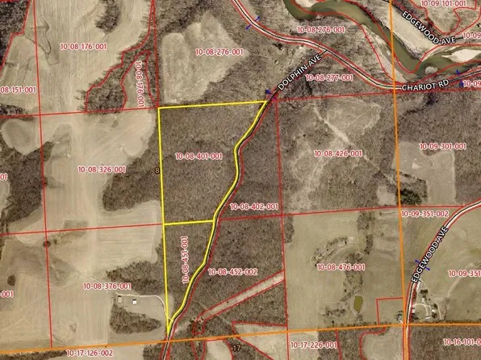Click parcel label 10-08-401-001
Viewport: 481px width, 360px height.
click(x=199, y=156)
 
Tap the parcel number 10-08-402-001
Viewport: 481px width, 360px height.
click(x=253, y=207)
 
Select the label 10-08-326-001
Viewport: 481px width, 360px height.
click(x=102, y=170)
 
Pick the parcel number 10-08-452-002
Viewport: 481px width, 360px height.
click(x=232, y=272)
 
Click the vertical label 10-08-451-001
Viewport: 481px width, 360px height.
click(x=185, y=259)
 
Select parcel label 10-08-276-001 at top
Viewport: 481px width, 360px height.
click(x=221, y=52)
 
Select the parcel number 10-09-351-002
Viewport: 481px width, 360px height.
click(x=425, y=214)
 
